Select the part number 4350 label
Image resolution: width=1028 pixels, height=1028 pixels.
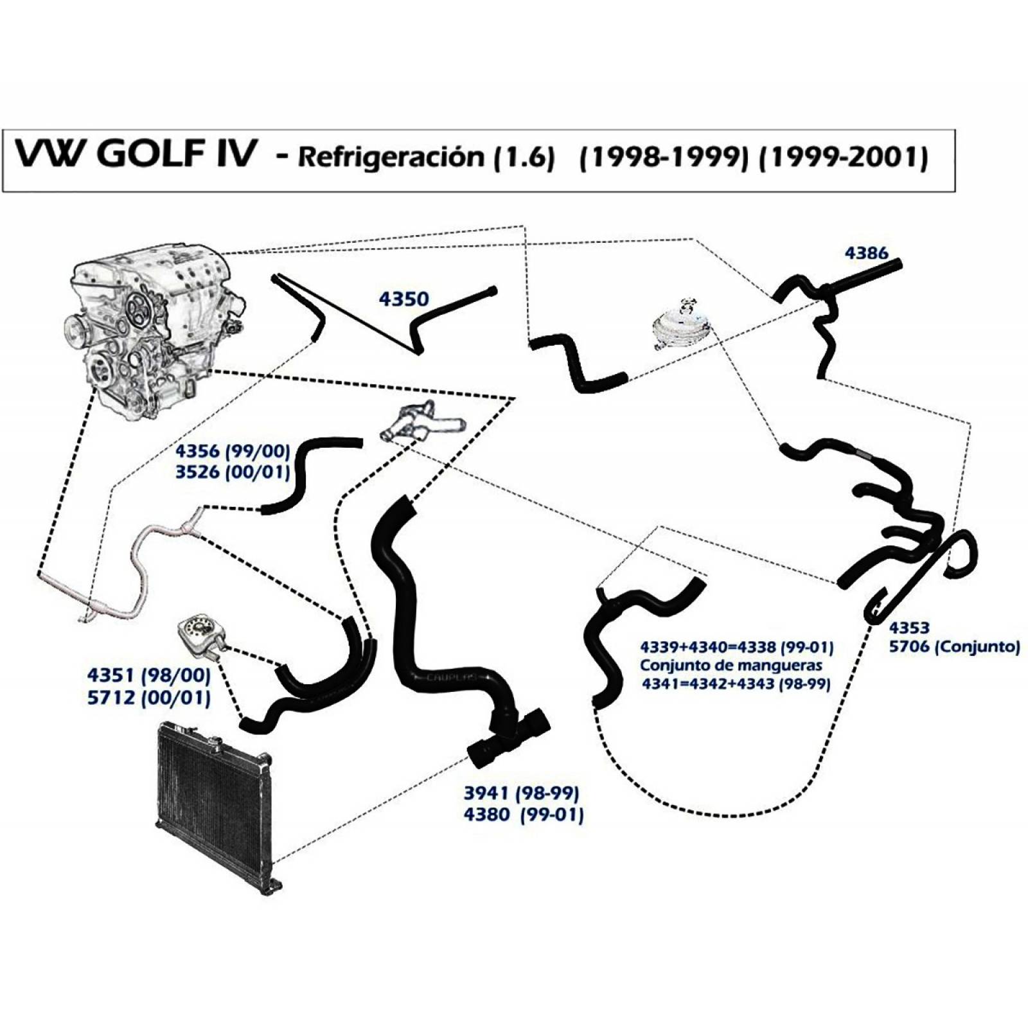[403, 299]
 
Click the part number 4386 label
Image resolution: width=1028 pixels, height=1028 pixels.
[866, 253]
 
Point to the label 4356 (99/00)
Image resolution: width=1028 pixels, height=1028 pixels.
[233, 450]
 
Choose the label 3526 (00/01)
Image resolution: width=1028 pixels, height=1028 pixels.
[233, 472]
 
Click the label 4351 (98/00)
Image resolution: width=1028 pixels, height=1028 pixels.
[149, 675]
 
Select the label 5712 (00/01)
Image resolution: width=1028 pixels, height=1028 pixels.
[149, 697]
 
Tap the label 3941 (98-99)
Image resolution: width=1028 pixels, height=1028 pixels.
[522, 793]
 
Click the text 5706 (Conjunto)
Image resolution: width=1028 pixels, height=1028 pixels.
[954, 646]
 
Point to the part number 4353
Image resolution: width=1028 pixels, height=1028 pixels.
[909, 627]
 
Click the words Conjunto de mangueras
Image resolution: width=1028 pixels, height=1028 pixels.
[731, 666]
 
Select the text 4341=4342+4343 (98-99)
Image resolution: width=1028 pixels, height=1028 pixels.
[736, 684]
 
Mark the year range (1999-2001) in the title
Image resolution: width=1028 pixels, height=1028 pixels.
[844, 157]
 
